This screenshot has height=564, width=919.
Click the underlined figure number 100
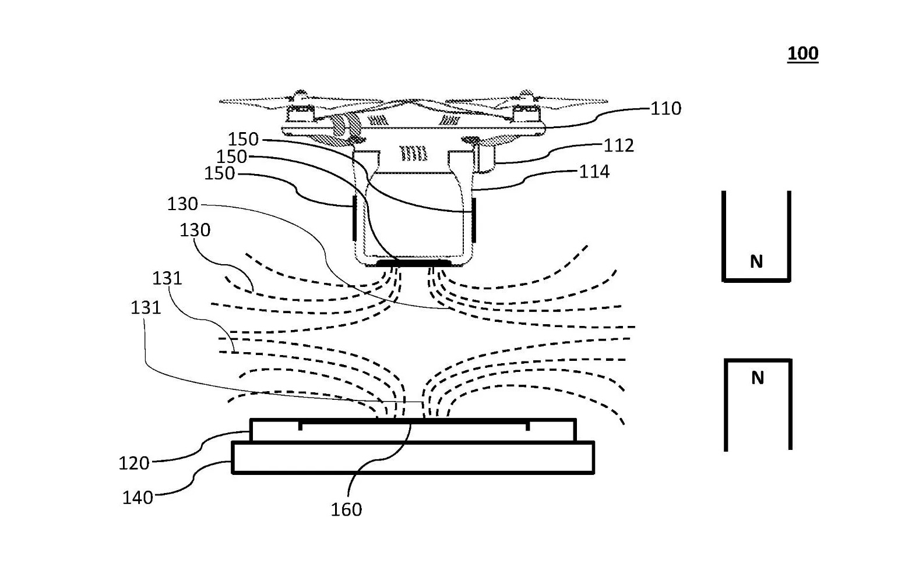[802, 54]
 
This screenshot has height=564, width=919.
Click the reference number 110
[666, 109]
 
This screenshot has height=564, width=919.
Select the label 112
[619, 146]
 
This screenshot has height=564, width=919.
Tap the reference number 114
[594, 172]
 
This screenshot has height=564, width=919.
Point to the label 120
[134, 463]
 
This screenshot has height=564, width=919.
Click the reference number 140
[138, 498]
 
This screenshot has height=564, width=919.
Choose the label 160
[346, 509]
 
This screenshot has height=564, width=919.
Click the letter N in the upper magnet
[756, 261]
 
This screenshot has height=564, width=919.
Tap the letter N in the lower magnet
[758, 378]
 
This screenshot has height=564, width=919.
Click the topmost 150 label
[243, 139]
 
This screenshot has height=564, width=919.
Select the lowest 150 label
[220, 173]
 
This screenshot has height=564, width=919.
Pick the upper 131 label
[167, 278]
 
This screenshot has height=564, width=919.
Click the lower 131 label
[146, 307]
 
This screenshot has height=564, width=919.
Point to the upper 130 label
[182, 204]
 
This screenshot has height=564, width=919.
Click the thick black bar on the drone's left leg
[354, 218]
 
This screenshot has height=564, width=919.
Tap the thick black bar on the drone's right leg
[473, 220]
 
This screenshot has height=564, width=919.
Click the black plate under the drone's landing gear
[414, 263]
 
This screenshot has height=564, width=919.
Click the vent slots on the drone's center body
[413, 153]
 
